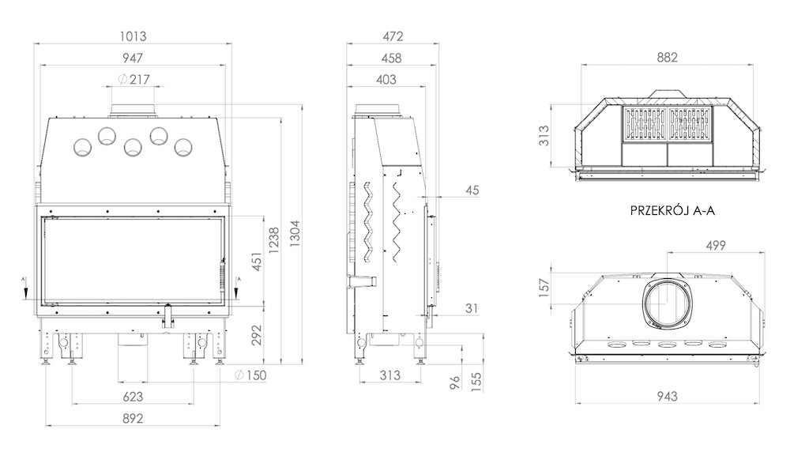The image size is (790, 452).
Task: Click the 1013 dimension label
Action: pyautogui.click(x=133, y=36)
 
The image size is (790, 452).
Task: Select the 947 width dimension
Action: pyautogui.click(x=133, y=58)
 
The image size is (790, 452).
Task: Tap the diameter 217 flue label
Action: pyautogui.click(x=134, y=79)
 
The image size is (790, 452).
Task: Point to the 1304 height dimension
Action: pyautogui.click(x=295, y=233)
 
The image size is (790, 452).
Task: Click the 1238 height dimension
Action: pyautogui.click(x=273, y=240)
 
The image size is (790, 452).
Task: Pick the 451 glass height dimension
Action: pyautogui.click(x=257, y=262)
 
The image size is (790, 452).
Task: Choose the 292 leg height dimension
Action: pyautogui.click(x=257, y=335)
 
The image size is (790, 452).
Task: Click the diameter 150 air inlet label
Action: pyautogui.click(x=250, y=375)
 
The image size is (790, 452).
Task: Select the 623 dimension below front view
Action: pyautogui.click(x=133, y=397)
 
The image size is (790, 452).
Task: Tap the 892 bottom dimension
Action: pyautogui.click(x=133, y=418)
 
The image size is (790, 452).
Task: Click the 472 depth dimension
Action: pyautogui.click(x=393, y=36)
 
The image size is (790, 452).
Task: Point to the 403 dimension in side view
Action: pyautogui.click(x=386, y=79)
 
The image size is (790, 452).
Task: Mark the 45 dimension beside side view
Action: pyautogui.click(x=472, y=190)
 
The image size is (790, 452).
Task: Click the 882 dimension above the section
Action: pyautogui.click(x=667, y=58)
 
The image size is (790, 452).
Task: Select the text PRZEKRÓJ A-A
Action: pyautogui.click(x=672, y=210)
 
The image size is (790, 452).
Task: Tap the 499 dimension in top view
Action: pyautogui.click(x=716, y=246)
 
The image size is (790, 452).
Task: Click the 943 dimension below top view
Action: pyautogui.click(x=667, y=397)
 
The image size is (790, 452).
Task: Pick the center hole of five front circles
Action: pyautogui.click(x=133, y=147)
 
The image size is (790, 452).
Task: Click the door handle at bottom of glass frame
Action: pyautogui.click(x=167, y=315)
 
